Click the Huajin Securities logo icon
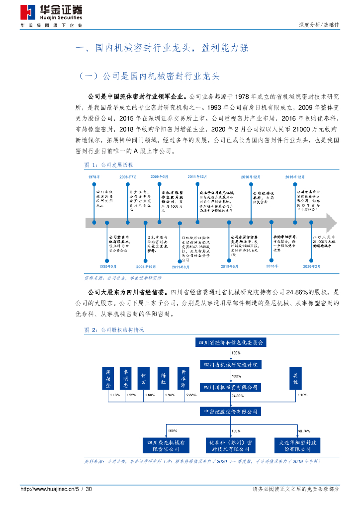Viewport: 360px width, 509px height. click(x=28, y=12)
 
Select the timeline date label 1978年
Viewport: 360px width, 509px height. click(x=94, y=176)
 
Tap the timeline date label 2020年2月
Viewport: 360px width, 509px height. click(x=312, y=266)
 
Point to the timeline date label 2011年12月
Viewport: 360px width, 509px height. click(x=198, y=176)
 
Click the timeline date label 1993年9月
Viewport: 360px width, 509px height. click(x=108, y=266)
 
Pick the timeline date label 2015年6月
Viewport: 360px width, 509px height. click(x=230, y=266)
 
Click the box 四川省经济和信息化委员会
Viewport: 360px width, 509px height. click(x=231, y=342)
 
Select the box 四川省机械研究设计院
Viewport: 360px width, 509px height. click(x=231, y=364)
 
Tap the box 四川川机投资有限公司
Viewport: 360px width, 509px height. click(x=231, y=386)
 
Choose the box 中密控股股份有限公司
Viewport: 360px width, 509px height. click(x=231, y=412)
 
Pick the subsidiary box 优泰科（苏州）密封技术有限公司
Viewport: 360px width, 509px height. click(x=230, y=445)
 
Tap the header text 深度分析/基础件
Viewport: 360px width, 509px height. click(x=319, y=24)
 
